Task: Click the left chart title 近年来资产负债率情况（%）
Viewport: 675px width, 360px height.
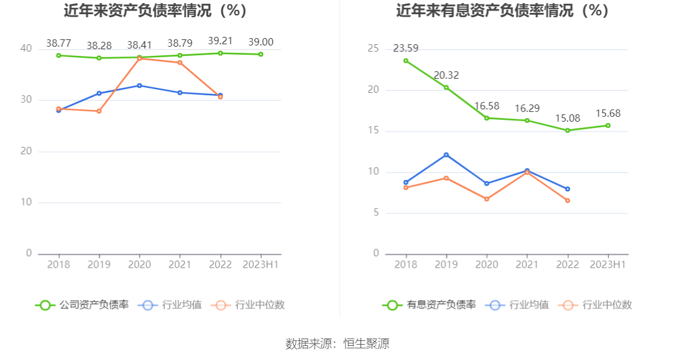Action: click(x=155, y=11)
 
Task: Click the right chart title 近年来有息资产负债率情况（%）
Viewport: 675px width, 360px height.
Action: click(x=502, y=11)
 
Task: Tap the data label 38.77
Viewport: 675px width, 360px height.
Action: click(x=58, y=43)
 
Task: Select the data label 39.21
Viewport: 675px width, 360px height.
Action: click(x=220, y=41)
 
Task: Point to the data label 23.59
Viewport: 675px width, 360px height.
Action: click(x=406, y=49)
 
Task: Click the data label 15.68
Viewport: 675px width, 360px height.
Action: click(x=608, y=114)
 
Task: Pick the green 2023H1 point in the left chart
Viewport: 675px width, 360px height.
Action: click(x=261, y=54)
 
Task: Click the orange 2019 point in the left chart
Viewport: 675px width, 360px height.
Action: click(x=99, y=111)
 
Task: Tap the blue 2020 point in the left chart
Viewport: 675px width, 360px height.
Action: click(x=140, y=85)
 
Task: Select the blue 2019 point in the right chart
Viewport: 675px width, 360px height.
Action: click(x=446, y=155)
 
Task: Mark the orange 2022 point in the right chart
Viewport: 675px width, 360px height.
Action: click(x=567, y=200)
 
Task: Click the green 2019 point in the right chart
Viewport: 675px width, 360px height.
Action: click(x=446, y=87)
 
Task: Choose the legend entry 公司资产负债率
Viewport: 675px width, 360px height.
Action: click(x=83, y=305)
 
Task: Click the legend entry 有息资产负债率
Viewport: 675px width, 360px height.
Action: click(x=430, y=305)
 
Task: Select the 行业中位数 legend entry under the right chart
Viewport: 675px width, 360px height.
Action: click(x=596, y=305)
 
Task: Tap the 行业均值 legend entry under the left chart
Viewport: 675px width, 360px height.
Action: click(x=171, y=305)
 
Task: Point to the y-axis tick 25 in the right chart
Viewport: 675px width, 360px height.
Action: click(x=373, y=49)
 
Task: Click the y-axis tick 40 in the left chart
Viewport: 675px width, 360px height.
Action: click(x=26, y=49)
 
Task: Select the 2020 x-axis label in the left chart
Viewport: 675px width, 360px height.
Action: click(x=140, y=265)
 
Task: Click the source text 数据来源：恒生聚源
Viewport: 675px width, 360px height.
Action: click(x=337, y=344)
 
